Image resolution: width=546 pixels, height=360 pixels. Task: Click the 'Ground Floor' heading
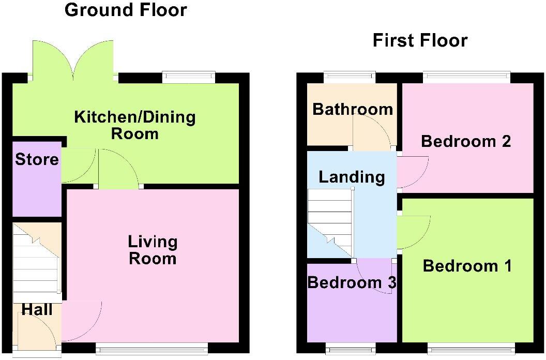pos(126,10)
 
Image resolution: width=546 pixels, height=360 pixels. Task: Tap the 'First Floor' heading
pos(420,40)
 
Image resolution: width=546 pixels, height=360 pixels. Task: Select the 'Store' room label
pos(37,159)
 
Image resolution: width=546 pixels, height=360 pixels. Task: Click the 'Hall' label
pos(37,309)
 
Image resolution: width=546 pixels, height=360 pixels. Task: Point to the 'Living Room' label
pos(153,250)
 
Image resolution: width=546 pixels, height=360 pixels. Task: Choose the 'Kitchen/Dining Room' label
pos(135,125)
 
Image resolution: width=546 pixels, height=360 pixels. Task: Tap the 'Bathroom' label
pos(353,110)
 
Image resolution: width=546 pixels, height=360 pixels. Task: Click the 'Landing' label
pos(352,177)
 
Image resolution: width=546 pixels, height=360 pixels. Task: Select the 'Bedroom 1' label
pos(467,266)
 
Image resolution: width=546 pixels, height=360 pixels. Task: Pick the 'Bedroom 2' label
pos(466,141)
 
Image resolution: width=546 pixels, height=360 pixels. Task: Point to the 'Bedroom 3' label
pos(352,283)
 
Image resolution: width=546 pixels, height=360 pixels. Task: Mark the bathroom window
pos(350,77)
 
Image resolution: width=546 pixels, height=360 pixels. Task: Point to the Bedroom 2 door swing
pos(412,172)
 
